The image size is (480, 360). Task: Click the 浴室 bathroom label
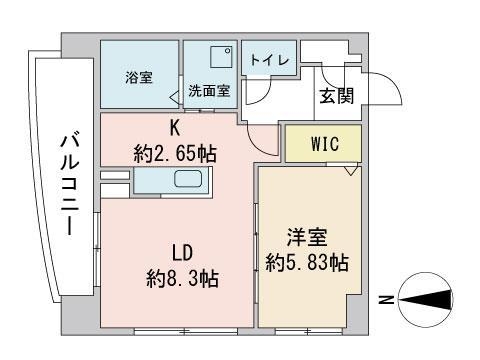pos(139,77)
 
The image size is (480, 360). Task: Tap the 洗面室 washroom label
pos(209,90)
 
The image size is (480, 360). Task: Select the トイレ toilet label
pos(269,60)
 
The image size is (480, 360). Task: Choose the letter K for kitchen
pos(174,128)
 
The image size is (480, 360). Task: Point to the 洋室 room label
pos(307,239)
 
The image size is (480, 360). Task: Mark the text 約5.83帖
pos(307,263)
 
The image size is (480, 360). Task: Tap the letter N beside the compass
pos(385,299)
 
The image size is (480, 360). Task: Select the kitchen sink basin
pos(189,180)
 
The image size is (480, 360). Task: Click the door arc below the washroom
pos(262,140)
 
